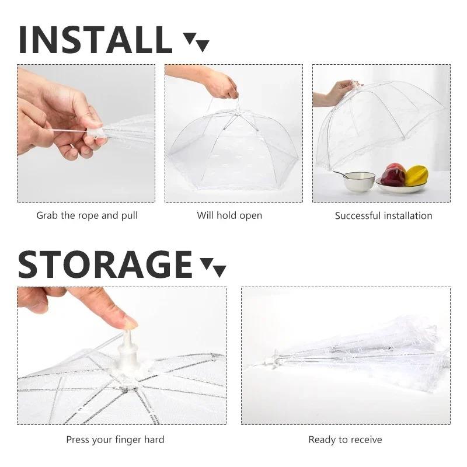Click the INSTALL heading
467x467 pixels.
coord(95,40)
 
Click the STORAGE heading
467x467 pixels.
coord(105,264)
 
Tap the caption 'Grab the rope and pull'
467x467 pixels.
coord(87,215)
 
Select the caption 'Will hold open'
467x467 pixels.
coord(229,215)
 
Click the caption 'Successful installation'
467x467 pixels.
coord(384,215)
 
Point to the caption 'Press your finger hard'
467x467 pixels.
coord(115,440)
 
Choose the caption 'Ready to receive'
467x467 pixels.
coord(345,440)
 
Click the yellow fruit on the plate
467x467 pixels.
coord(416,176)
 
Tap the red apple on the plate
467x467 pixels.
coord(393,175)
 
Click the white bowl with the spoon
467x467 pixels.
coord(359,182)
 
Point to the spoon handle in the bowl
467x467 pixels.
coord(340,174)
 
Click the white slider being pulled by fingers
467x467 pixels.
coord(95,133)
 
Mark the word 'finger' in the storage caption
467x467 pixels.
coord(128,440)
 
